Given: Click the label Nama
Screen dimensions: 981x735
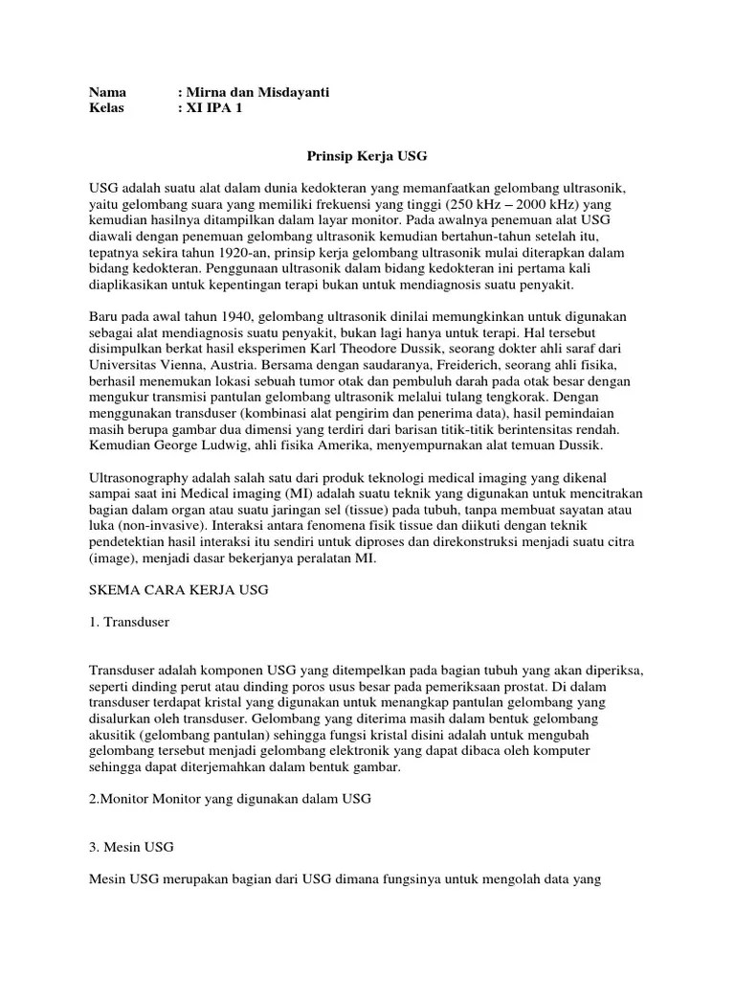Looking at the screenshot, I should [108, 92].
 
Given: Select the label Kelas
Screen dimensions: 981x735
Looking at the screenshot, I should [108, 108].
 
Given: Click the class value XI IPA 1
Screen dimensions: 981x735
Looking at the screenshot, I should [214, 108].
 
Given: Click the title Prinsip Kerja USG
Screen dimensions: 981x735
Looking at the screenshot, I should [367, 153].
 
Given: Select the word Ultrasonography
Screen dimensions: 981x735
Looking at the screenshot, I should [141, 477].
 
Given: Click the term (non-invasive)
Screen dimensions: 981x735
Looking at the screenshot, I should [156, 527].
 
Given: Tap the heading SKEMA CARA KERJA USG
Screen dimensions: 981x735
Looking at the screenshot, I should [180, 591].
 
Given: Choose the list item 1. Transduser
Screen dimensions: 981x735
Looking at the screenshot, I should [129, 622].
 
